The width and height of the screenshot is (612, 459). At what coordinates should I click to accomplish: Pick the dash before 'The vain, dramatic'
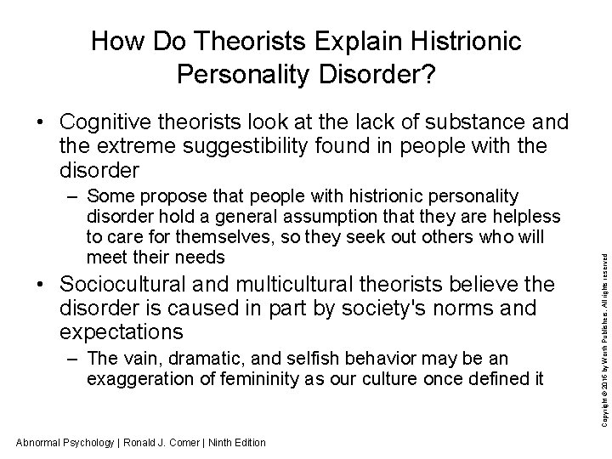click(x=71, y=360)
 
